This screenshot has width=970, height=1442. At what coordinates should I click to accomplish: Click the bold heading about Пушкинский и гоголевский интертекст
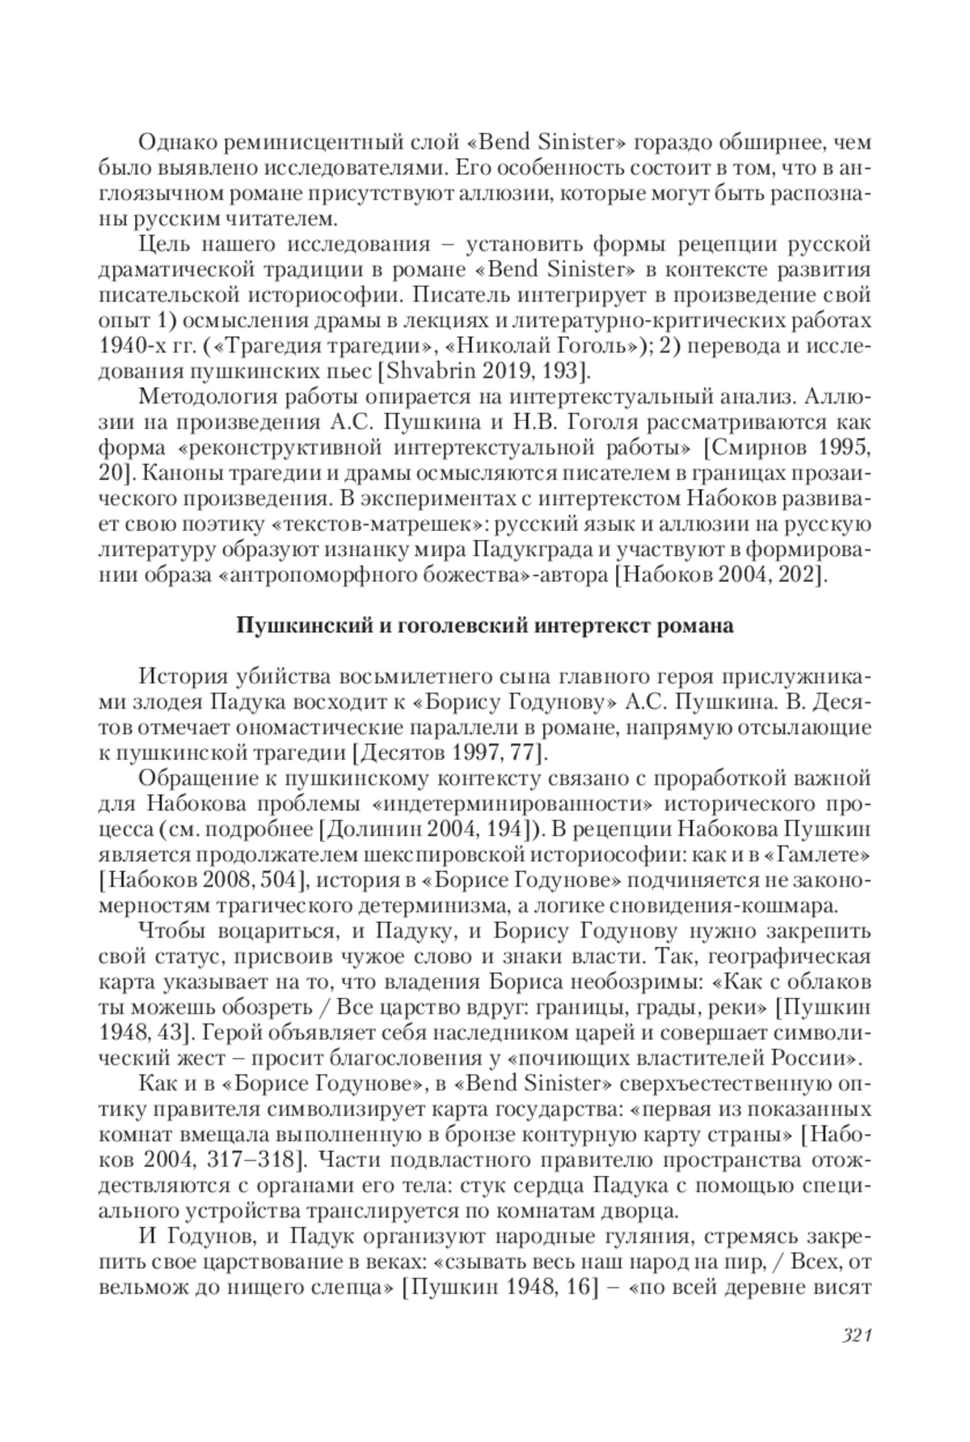(x=484, y=625)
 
